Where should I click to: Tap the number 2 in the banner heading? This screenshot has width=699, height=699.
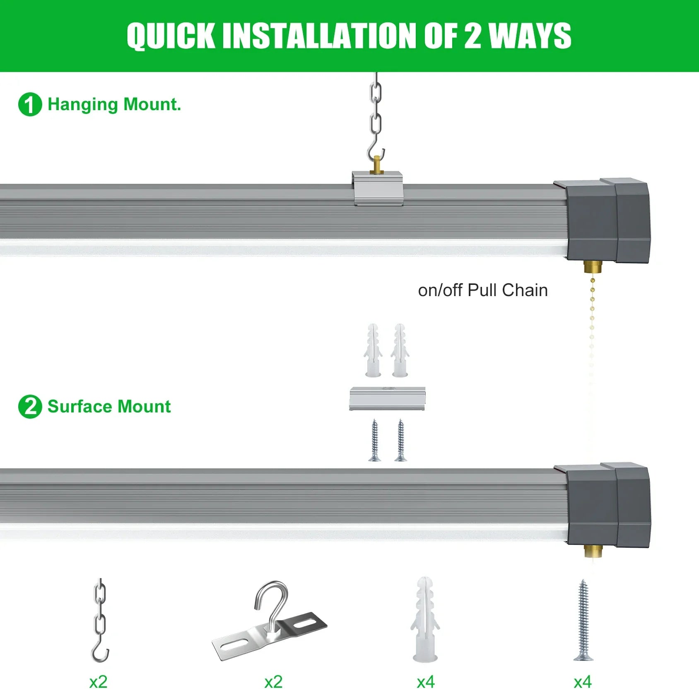tap(472, 36)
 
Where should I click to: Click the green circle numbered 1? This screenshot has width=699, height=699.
tap(30, 104)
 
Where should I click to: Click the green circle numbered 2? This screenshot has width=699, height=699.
tap(30, 407)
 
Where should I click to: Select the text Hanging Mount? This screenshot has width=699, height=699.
tap(114, 104)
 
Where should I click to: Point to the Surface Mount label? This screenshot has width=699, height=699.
tap(109, 407)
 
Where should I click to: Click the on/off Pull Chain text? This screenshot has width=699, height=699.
tap(483, 290)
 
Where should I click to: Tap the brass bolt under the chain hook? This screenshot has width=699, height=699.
tap(377, 164)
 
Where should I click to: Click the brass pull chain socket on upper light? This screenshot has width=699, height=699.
tap(593, 267)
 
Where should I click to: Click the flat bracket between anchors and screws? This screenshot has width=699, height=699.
tap(387, 398)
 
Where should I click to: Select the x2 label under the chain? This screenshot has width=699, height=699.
tap(99, 682)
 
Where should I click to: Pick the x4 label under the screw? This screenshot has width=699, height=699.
tap(583, 682)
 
